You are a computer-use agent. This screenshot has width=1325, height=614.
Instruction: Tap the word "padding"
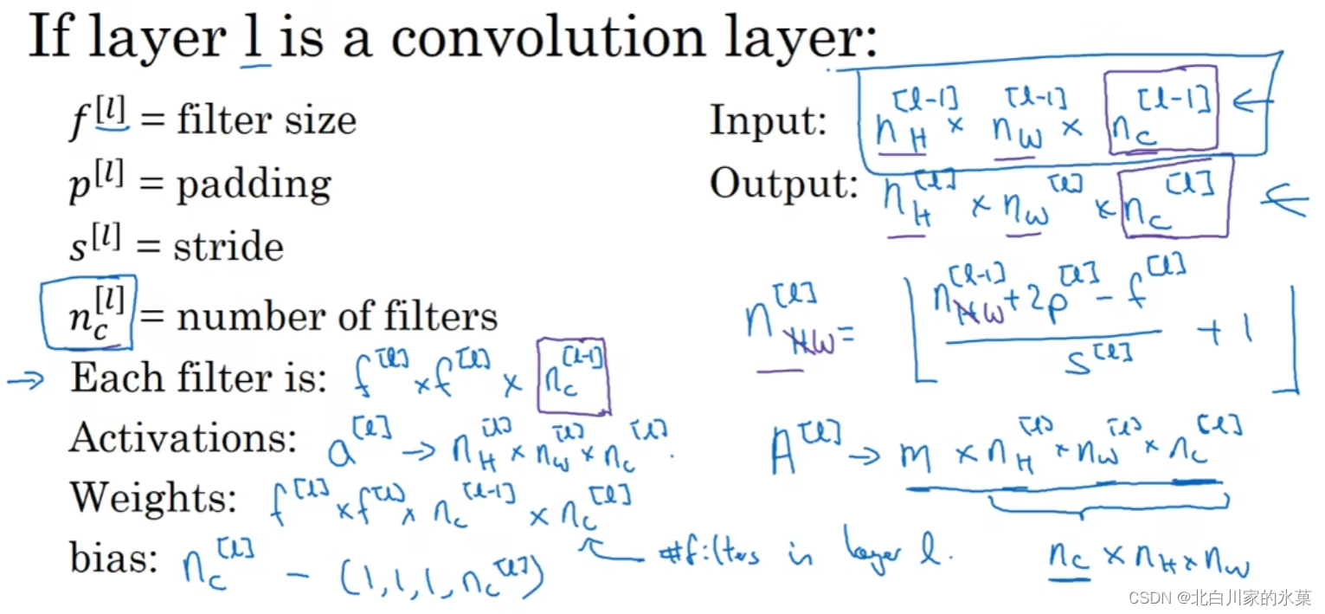coord(254,184)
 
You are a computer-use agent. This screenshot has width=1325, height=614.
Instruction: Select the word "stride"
coord(228,247)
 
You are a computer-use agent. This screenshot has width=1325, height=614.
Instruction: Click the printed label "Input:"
coord(768,122)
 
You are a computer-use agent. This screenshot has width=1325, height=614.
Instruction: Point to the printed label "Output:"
coord(784,184)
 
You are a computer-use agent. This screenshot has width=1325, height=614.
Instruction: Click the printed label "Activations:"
coord(183,439)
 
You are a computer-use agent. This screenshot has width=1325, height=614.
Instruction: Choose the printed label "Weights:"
coord(153,497)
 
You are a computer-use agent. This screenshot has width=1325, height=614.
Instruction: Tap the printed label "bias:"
coord(113,559)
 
